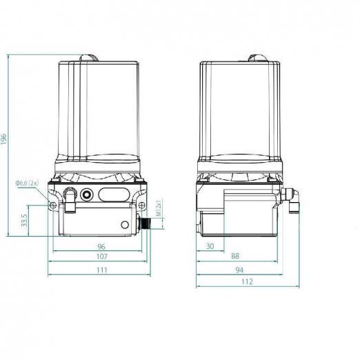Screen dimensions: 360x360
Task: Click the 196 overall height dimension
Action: coord(4,139)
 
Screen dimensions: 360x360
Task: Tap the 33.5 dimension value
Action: coord(24,220)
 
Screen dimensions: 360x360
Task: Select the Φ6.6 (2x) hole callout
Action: coord(27,183)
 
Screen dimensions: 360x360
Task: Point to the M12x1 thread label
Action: coord(159,208)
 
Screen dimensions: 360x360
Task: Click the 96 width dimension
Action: coord(101,247)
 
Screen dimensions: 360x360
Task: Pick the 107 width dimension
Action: coord(101,257)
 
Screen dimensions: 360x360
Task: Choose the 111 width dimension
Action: coord(101,270)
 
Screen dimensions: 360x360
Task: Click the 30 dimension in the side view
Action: coord(210,246)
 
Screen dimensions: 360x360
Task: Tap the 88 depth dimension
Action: coord(235,256)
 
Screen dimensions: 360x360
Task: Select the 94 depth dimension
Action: coord(239,270)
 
